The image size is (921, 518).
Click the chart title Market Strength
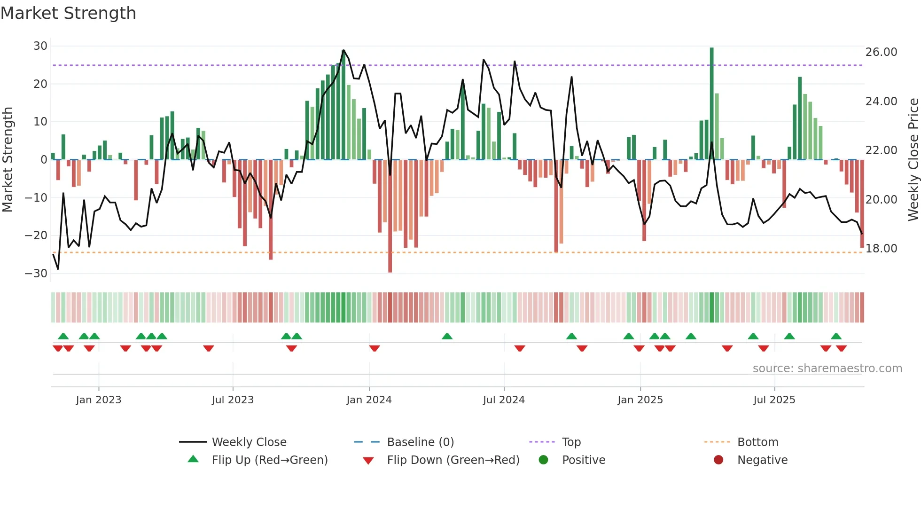[x=68, y=13]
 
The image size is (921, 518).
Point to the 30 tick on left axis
[x=40, y=46]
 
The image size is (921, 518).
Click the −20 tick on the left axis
[x=36, y=235]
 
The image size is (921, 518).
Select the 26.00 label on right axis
[x=881, y=52]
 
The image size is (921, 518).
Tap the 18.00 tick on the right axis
[x=881, y=249]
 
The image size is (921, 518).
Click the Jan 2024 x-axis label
[x=369, y=400]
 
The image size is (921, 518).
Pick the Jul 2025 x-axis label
[x=774, y=400]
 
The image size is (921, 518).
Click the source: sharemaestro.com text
[x=827, y=369]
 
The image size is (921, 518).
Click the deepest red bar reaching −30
[x=390, y=216]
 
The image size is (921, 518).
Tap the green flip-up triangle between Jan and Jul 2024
[x=447, y=337]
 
